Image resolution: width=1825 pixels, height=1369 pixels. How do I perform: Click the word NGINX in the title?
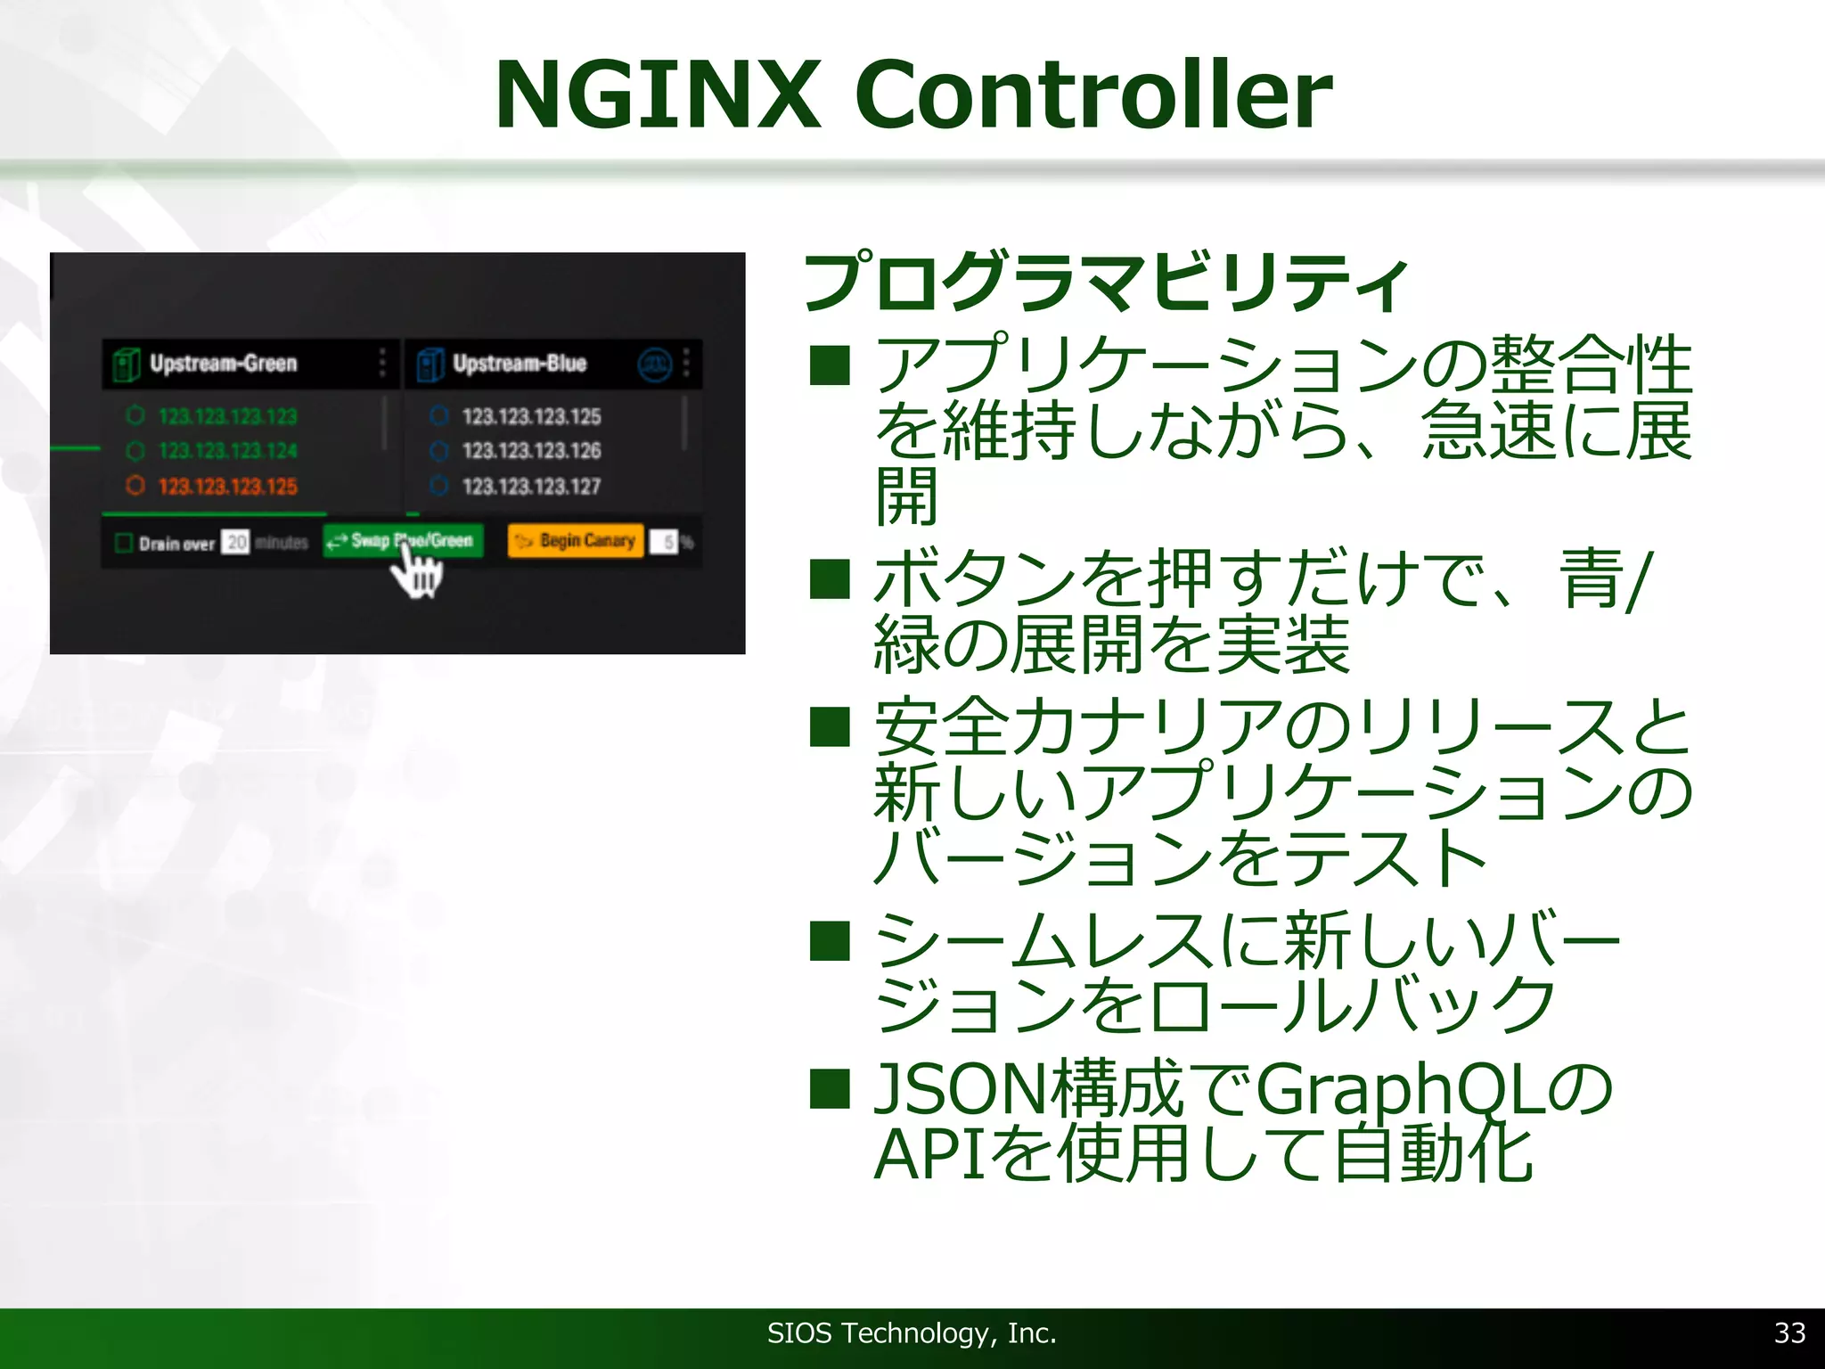pyautogui.click(x=658, y=94)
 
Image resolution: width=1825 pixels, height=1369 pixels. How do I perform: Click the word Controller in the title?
pyautogui.click(x=1093, y=94)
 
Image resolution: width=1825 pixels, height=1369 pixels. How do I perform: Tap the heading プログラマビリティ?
pyautogui.click(x=1105, y=283)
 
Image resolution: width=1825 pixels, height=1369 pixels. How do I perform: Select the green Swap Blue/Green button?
pyautogui.click(x=403, y=540)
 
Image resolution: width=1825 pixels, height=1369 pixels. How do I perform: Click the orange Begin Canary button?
pyautogui.click(x=576, y=540)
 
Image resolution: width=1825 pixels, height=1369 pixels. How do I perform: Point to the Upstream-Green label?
pyautogui.click(x=223, y=364)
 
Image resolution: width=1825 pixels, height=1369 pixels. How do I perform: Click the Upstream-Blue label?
pyautogui.click(x=520, y=364)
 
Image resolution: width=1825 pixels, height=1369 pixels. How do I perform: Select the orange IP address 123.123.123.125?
pyautogui.click(x=227, y=487)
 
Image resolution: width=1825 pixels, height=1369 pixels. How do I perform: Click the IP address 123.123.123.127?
pyautogui.click(x=531, y=487)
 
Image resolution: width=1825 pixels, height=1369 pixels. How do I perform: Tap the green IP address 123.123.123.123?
pyautogui.click(x=227, y=416)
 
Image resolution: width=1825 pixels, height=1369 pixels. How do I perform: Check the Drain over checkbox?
pyautogui.click(x=125, y=543)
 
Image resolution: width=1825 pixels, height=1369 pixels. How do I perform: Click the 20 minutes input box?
pyautogui.click(x=236, y=542)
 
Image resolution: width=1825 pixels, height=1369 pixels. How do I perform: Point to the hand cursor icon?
pyautogui.click(x=417, y=572)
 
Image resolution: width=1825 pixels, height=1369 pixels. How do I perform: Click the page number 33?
pyautogui.click(x=1789, y=1332)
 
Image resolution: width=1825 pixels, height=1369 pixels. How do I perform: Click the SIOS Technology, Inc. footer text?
pyautogui.click(x=912, y=1332)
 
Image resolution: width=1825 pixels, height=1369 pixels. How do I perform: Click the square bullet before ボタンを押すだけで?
pyautogui.click(x=830, y=579)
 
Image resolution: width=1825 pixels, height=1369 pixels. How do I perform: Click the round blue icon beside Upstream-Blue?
pyautogui.click(x=655, y=364)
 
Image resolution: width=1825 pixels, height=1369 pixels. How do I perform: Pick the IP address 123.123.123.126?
pyautogui.click(x=531, y=451)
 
